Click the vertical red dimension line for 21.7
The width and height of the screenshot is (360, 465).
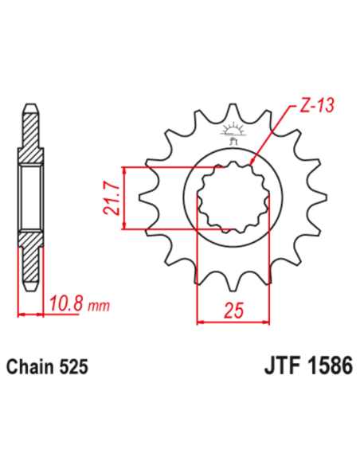click(x=123, y=199)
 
